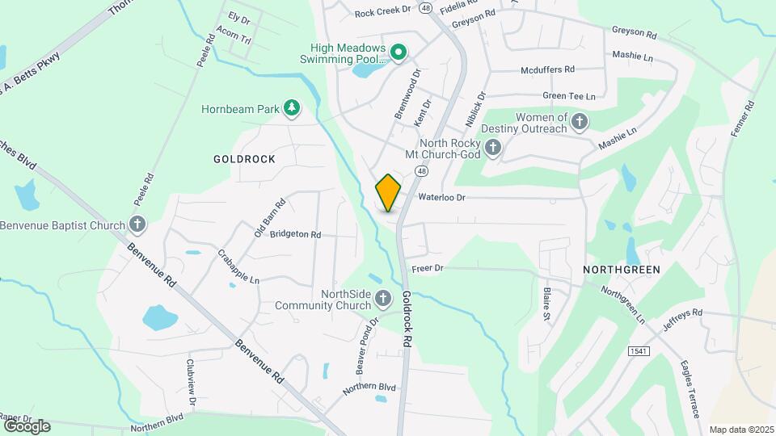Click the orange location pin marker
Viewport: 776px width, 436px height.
[388, 193]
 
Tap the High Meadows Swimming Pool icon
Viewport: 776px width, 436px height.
[398, 53]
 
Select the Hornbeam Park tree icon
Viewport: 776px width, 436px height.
[291, 107]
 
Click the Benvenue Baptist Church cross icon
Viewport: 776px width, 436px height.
[137, 224]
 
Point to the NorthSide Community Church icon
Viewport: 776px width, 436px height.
[384, 300]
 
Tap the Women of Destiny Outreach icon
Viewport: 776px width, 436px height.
[579, 122]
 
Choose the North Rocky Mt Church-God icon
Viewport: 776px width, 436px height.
[493, 148]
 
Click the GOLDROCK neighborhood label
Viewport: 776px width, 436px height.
[244, 159]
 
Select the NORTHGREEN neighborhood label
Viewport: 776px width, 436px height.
[622, 269]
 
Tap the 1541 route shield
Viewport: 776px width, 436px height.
[638, 350]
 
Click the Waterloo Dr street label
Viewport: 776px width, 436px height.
[442, 196]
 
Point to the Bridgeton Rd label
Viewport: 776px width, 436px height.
[295, 234]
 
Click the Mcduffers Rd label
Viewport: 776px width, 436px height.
[547, 69]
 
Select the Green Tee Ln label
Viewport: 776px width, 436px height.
[568, 95]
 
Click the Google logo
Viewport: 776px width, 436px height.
[26, 426]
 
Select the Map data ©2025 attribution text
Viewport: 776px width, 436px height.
[740, 430]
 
